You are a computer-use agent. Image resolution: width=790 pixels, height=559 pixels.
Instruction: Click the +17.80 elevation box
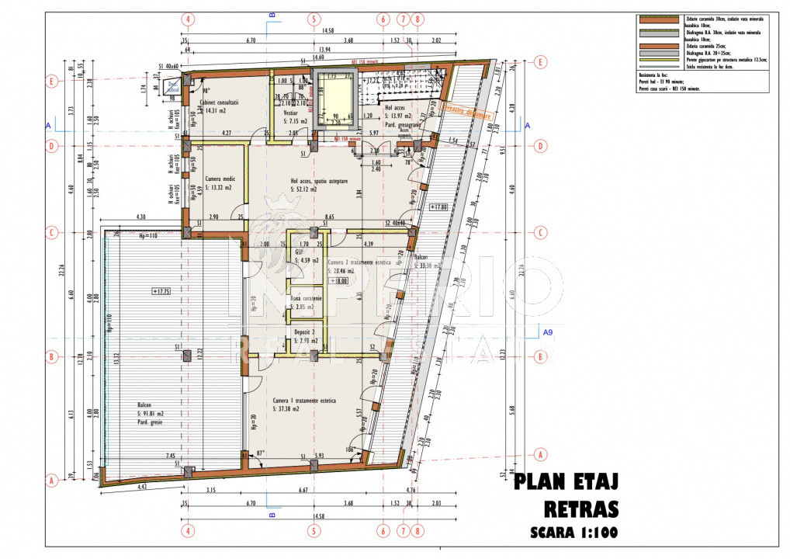pyautogui.click(x=439, y=208)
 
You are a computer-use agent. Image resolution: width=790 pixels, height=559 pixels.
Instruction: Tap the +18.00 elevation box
pyautogui.click(x=338, y=280)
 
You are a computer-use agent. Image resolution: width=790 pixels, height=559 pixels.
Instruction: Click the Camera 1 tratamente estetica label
pyautogui.click(x=304, y=401)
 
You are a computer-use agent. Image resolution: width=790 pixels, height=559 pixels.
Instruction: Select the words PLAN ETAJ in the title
pyautogui.click(x=567, y=482)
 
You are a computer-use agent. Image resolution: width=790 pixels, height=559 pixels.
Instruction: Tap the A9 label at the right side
pyautogui.click(x=548, y=332)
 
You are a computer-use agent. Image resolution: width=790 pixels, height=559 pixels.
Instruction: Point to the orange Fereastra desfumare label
pyautogui.click(x=466, y=111)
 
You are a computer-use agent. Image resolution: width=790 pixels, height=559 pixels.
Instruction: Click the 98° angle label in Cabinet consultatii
pyautogui.click(x=206, y=90)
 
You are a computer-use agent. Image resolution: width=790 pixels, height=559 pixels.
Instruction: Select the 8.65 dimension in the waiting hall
pyautogui.click(x=329, y=218)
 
